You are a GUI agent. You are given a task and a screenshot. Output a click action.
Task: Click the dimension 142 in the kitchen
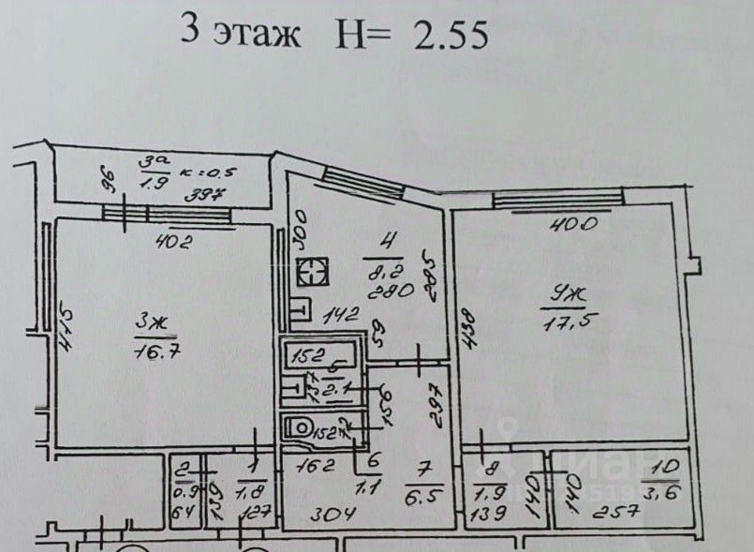pyautogui.click(x=343, y=316)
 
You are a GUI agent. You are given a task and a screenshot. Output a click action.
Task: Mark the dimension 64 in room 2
pyautogui.click(x=184, y=513)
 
